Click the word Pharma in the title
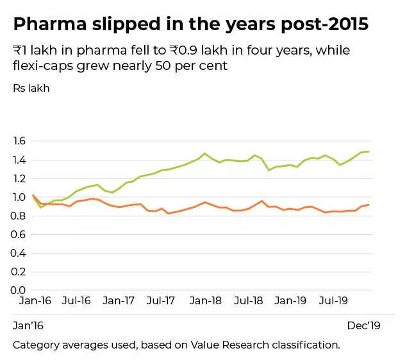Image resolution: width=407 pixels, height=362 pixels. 49,24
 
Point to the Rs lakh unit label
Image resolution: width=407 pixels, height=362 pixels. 31,88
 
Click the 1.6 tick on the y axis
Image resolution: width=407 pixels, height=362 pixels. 20,141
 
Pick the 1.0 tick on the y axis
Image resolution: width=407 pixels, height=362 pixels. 20,197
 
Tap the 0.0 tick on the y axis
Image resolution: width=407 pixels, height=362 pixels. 20,290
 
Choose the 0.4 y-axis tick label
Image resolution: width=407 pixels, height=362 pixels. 20,253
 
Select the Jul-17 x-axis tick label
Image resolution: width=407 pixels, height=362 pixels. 162,300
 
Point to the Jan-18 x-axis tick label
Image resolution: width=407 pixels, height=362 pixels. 205,300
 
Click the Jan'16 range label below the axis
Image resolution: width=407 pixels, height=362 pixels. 28,325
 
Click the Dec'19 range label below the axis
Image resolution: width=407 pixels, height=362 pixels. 363,325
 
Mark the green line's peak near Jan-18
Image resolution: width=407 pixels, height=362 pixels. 204,153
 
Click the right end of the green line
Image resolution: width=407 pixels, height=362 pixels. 369,151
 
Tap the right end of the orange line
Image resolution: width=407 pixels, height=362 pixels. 369,205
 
